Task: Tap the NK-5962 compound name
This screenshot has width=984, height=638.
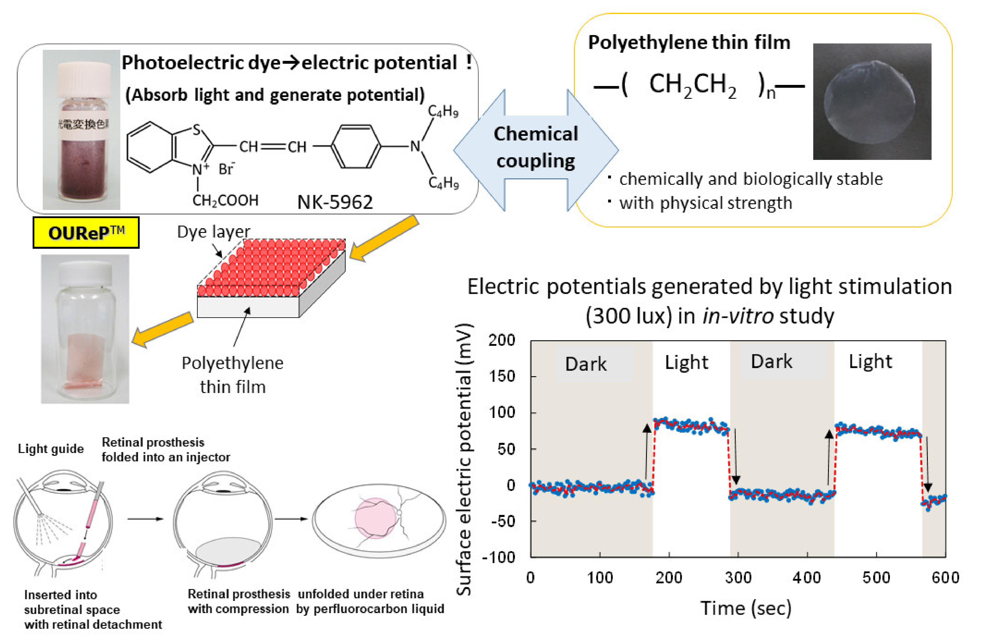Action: [x=335, y=202]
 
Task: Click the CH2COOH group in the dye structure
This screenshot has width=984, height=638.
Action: [x=225, y=201]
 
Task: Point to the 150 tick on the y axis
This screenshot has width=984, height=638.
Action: [x=501, y=376]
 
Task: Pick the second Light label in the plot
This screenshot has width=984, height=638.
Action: [x=870, y=362]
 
